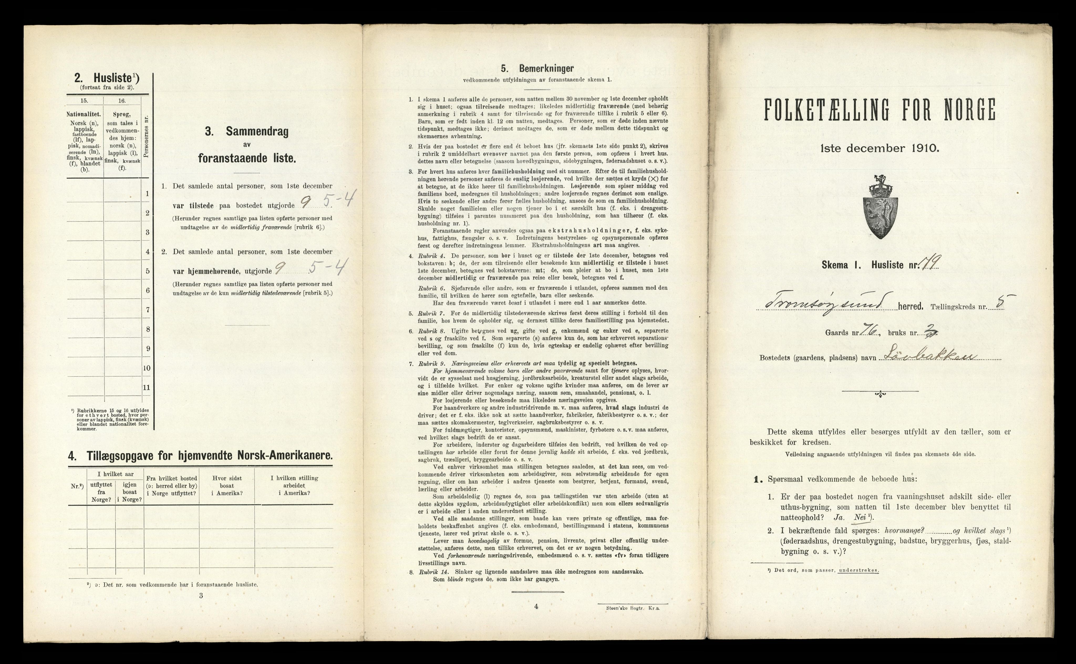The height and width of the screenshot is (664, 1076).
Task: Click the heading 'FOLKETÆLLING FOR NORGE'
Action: pyautogui.click(x=880, y=110)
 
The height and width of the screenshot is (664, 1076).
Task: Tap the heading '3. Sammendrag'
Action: pyautogui.click(x=247, y=132)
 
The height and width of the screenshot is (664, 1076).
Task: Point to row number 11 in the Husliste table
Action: pyautogui.click(x=147, y=387)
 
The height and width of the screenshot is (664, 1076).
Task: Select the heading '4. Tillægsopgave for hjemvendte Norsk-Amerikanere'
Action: pyautogui.click(x=200, y=456)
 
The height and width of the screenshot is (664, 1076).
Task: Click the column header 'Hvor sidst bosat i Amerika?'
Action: pyautogui.click(x=227, y=485)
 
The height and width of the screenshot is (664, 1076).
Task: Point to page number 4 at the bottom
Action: pyautogui.click(x=536, y=606)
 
